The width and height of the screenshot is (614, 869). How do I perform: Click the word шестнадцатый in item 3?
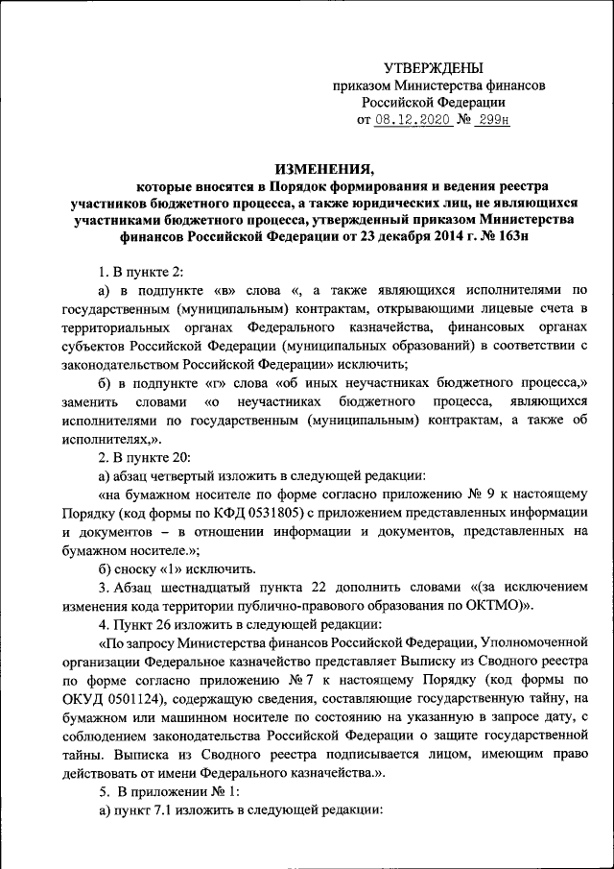pyautogui.click(x=205, y=586)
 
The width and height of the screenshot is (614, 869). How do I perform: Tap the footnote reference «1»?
pyautogui.click(x=178, y=567)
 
